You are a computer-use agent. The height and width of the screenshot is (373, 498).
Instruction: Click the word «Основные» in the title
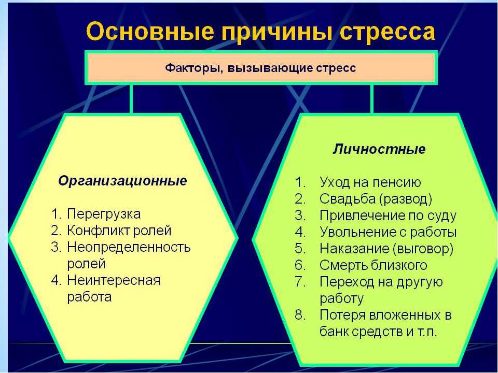pos(150,31)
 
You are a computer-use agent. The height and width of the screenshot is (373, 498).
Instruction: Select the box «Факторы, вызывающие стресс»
pos(261,67)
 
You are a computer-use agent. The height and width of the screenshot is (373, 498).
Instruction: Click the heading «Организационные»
pos(122,181)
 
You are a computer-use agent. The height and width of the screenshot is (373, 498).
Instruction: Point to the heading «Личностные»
pos(379,149)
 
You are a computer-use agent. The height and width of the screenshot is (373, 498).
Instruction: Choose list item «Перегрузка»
pos(104,214)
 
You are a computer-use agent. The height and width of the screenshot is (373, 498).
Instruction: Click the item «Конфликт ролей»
pos(119,231)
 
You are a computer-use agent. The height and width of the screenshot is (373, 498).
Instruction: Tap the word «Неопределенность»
pos(129,247)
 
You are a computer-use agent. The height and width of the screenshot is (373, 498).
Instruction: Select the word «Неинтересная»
pos(114,280)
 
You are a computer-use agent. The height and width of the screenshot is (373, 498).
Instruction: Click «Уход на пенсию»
pos(370,182)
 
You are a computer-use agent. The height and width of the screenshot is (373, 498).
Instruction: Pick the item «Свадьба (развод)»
pos(376,199)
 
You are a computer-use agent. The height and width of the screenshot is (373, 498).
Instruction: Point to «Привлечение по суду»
pos(388,216)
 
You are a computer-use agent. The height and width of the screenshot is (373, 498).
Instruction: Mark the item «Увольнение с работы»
pos(388,232)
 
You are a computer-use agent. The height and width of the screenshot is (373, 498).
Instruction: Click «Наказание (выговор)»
pos(386,249)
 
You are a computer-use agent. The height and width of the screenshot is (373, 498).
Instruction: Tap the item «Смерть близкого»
pos(373,265)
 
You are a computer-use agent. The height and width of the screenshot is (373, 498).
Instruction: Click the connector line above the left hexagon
pos(131,99)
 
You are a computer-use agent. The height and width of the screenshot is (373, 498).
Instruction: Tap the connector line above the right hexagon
pos(371,99)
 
